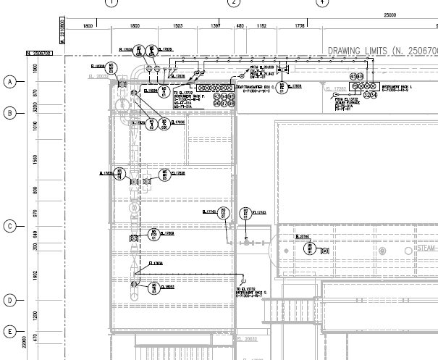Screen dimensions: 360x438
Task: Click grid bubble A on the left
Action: coord(10,82)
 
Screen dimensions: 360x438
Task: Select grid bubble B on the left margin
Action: coord(10,113)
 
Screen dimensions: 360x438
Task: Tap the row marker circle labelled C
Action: coord(10,226)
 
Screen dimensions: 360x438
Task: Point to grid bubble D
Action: coord(10,300)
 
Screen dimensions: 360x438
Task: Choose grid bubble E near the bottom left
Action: coord(10,332)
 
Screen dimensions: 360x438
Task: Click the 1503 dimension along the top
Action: coord(178,26)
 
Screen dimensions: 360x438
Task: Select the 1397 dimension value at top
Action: coord(215,26)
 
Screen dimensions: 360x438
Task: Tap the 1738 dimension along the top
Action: coord(300,26)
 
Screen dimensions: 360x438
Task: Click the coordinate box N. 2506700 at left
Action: coord(38,53)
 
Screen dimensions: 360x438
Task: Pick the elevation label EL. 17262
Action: coord(337,89)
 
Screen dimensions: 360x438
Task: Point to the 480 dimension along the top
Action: coord(240,26)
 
